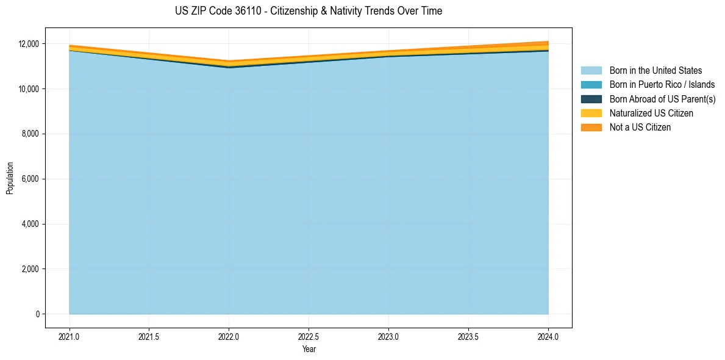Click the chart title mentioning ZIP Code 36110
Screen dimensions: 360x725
[309, 11]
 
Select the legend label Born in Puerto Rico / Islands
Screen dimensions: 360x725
[662, 85]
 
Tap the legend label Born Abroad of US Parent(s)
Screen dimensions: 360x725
[662, 99]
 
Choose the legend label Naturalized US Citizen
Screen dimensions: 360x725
[651, 113]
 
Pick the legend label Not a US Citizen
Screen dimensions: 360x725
[640, 128]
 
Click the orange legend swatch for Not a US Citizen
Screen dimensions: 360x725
[591, 128]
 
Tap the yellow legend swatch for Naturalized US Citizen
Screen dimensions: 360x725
[591, 113]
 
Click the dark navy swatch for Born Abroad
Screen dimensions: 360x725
[591, 99]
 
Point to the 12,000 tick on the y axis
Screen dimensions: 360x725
[29, 44]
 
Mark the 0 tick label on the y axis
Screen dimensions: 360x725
[37, 314]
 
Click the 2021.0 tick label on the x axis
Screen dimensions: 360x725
[70, 336]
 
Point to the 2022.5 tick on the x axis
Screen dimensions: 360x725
[309, 336]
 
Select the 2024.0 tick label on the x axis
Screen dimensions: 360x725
[548, 336]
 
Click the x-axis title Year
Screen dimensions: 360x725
[309, 349]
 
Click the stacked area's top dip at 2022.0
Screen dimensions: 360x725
[229, 62]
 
